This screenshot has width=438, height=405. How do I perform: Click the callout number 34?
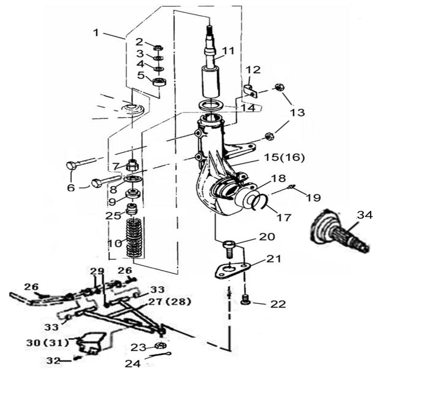365,215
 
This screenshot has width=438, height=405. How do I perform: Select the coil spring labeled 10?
135,238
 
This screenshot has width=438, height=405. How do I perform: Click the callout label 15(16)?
284,158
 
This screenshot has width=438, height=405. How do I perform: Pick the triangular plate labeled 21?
231,271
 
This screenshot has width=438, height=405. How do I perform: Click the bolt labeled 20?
228,248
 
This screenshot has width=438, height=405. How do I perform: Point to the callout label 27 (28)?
170,302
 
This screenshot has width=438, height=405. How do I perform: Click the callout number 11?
228,51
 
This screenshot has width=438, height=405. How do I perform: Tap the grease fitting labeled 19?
291,186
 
